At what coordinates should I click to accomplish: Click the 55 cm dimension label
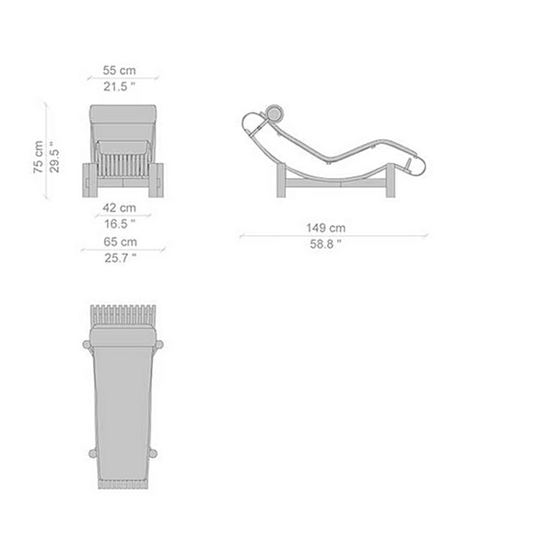(119, 70)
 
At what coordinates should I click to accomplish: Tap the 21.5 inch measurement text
(119, 87)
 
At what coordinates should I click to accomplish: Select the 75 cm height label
(39, 157)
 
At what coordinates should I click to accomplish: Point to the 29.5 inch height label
(54, 157)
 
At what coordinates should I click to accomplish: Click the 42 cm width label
(119, 207)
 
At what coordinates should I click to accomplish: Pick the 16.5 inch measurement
(120, 224)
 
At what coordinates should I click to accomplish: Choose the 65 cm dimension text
(120, 241)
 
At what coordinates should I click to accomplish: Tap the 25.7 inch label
(120, 258)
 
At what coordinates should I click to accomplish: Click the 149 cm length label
(325, 228)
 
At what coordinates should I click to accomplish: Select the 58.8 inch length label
(325, 243)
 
